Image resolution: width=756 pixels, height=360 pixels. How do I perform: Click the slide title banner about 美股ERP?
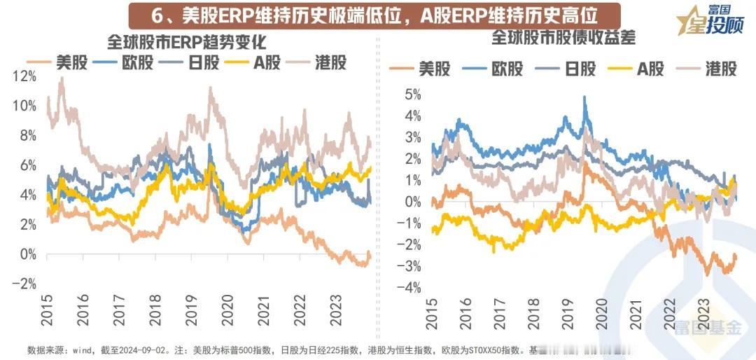click(375, 15)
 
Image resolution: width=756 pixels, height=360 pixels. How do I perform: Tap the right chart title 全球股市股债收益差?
click(563, 37)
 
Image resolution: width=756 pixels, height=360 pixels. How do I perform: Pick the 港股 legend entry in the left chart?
click(314, 63)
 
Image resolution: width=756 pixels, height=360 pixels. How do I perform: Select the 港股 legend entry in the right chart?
click(706, 69)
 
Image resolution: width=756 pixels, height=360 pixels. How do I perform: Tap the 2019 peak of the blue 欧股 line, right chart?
click(584, 98)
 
